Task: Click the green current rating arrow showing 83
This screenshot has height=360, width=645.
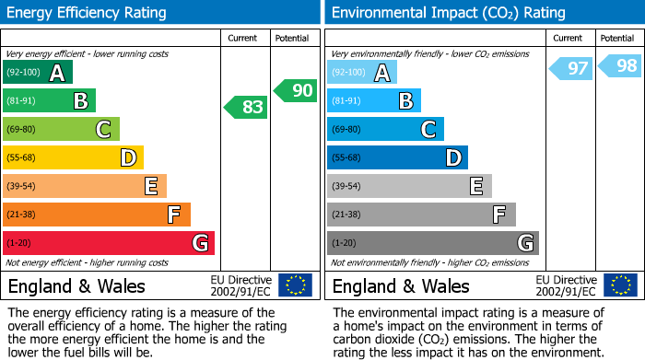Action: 246,108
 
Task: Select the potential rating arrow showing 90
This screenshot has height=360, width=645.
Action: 296,90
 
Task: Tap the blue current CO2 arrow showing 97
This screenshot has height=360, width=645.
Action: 571,68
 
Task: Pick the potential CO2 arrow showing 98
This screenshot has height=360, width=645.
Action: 620,65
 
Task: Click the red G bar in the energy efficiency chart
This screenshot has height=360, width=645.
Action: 109,243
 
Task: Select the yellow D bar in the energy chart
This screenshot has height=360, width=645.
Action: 73,157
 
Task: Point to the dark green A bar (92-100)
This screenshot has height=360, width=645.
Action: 38,72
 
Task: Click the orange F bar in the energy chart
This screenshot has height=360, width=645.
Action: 97,215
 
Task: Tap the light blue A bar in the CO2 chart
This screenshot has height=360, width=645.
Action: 362,72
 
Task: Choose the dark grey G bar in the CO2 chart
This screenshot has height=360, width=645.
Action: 433,243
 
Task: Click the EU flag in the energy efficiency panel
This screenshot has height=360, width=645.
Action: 295,285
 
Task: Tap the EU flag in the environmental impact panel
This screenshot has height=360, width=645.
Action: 619,285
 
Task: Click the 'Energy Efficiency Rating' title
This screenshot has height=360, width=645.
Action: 88,13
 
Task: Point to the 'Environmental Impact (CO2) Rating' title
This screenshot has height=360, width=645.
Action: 448,13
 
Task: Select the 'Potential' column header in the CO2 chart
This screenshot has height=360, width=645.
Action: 616,38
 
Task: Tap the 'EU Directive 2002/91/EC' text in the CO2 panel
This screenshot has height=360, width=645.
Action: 565,285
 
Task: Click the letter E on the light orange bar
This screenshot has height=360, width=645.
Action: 150,186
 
